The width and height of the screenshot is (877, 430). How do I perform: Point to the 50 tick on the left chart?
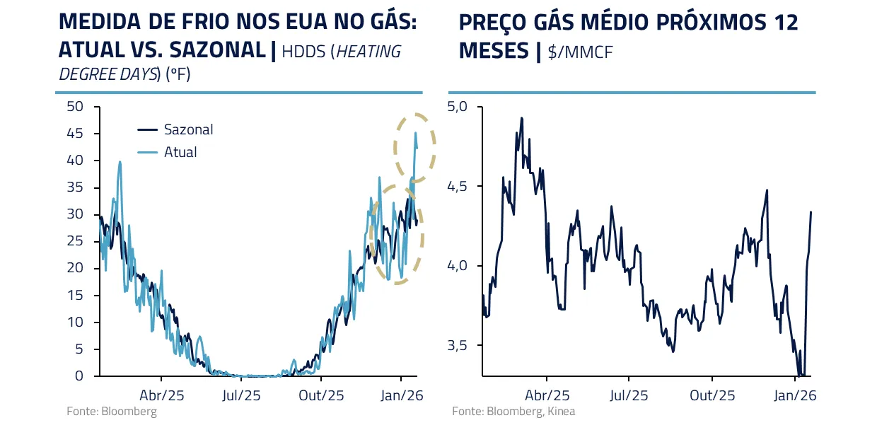click(x=74, y=107)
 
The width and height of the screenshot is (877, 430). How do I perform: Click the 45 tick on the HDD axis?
click(x=74, y=134)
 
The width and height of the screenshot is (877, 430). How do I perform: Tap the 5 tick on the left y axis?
click(x=79, y=349)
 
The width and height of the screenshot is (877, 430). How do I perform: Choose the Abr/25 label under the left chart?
click(x=161, y=395)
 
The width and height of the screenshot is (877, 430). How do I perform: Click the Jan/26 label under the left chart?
click(x=402, y=395)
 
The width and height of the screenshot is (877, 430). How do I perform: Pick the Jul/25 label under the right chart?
click(x=628, y=395)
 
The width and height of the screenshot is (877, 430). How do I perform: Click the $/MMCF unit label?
click(x=580, y=52)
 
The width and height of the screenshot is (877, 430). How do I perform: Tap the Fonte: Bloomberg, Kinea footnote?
click(x=513, y=411)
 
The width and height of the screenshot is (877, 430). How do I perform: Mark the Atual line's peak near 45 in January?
click(x=415, y=132)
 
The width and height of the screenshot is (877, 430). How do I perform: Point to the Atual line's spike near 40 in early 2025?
click(x=120, y=162)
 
